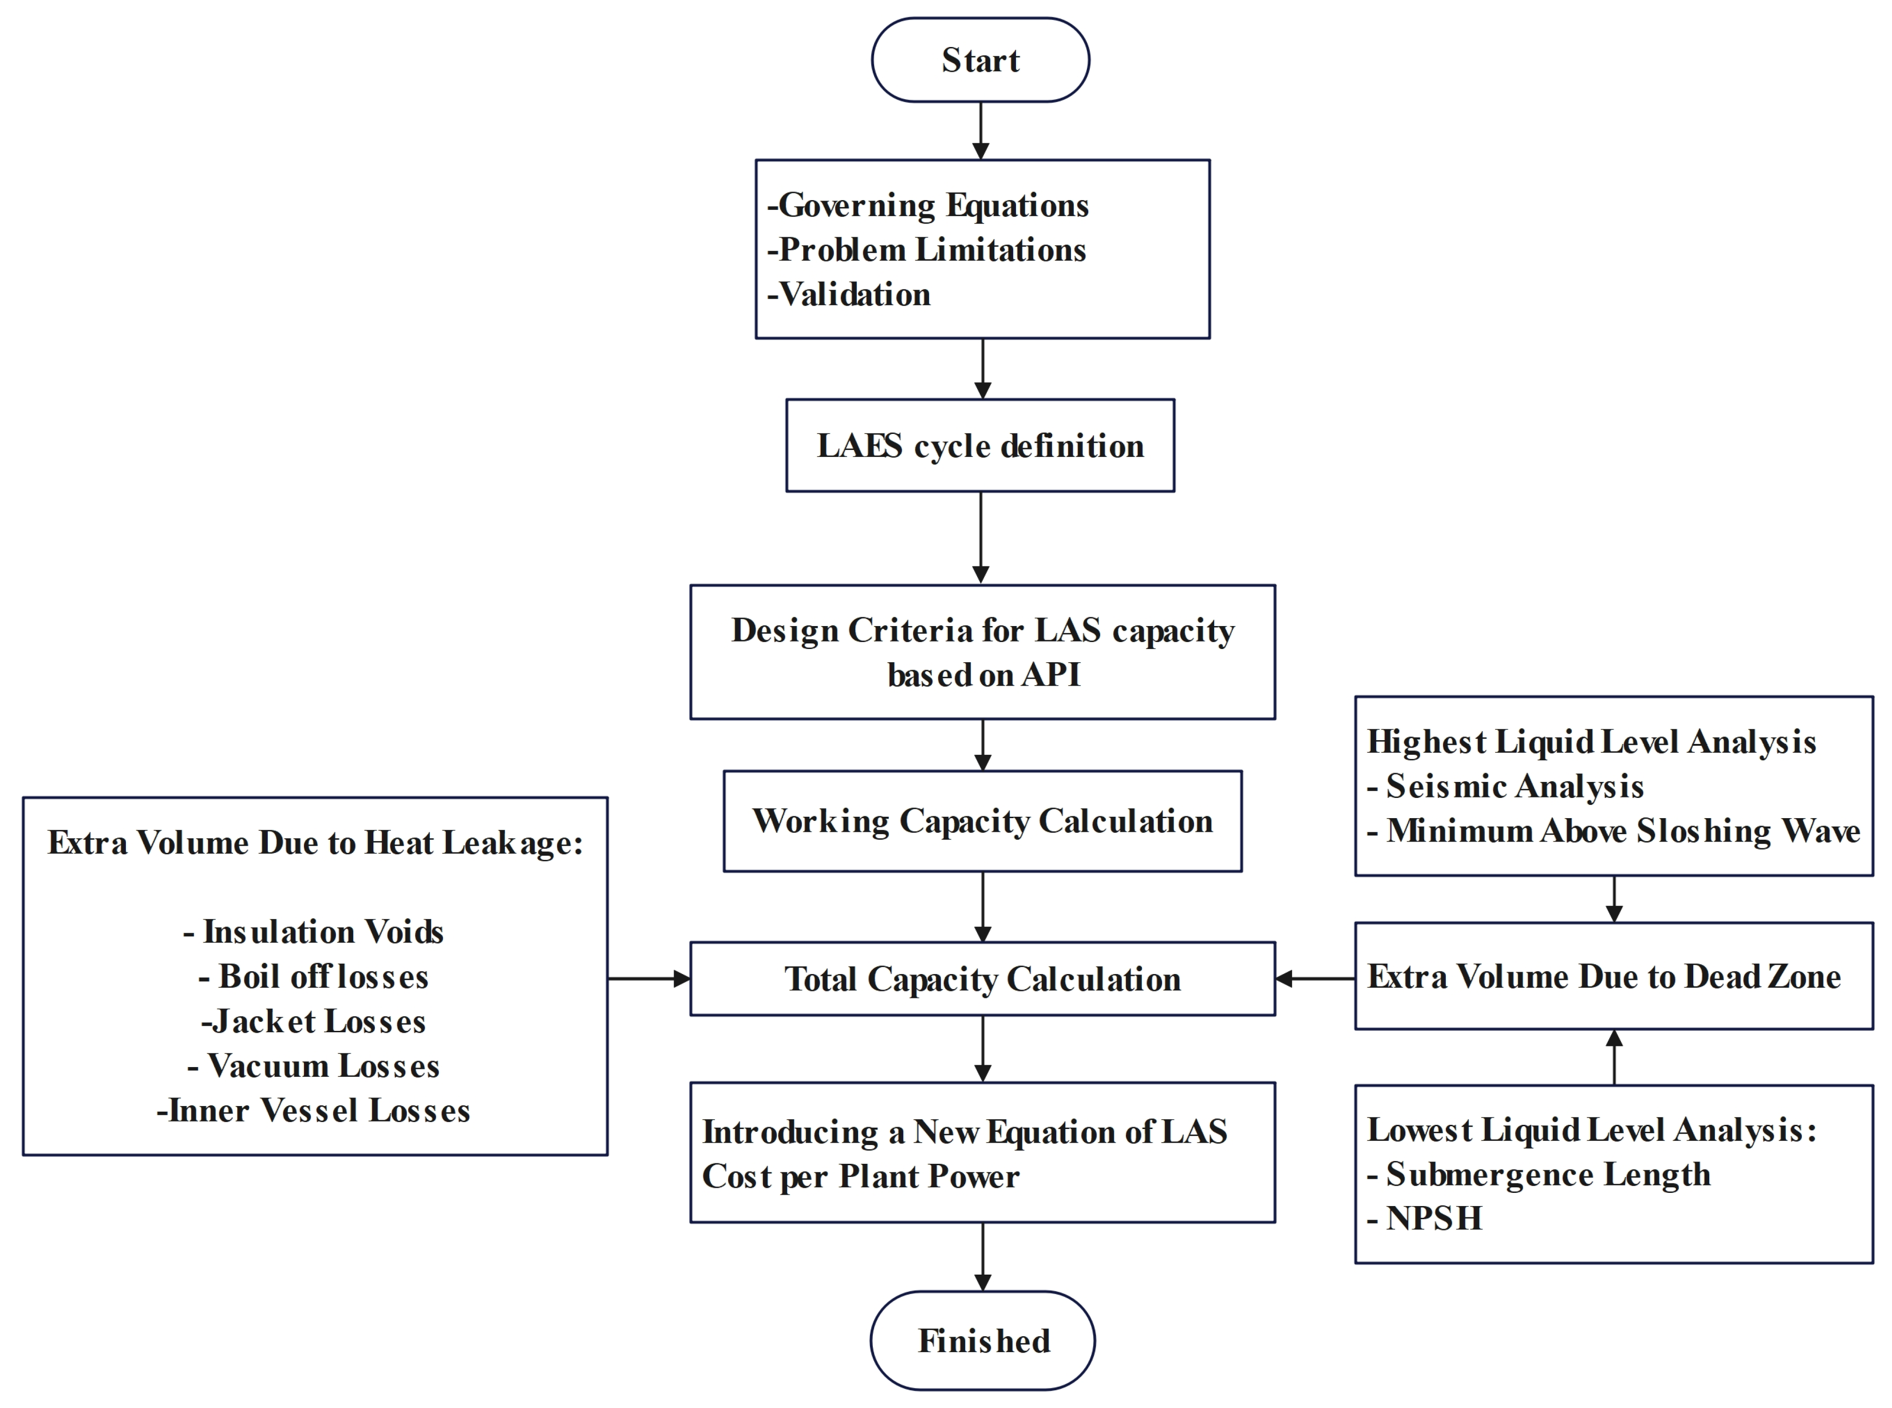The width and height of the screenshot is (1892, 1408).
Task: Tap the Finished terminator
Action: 983,1341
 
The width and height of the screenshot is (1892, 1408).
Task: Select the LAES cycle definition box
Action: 980,446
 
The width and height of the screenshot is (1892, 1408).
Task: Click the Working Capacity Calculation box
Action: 983,821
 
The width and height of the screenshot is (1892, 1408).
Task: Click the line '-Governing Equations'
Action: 929,205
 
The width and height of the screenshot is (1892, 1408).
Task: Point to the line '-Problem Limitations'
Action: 927,250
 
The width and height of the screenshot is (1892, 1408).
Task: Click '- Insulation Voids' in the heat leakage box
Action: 314,932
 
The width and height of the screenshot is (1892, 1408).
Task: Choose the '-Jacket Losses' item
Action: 314,1021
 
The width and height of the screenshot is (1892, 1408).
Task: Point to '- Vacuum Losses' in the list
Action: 314,1066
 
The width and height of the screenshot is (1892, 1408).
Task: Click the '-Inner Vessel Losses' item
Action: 314,1111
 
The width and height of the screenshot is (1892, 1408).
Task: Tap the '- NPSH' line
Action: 1425,1219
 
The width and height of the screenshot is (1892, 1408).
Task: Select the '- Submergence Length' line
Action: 1539,1175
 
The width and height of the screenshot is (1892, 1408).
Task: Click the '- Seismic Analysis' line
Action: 1506,786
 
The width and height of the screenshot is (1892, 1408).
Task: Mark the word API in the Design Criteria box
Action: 1051,675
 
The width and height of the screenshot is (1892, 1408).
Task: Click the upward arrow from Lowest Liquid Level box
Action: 1614,1057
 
